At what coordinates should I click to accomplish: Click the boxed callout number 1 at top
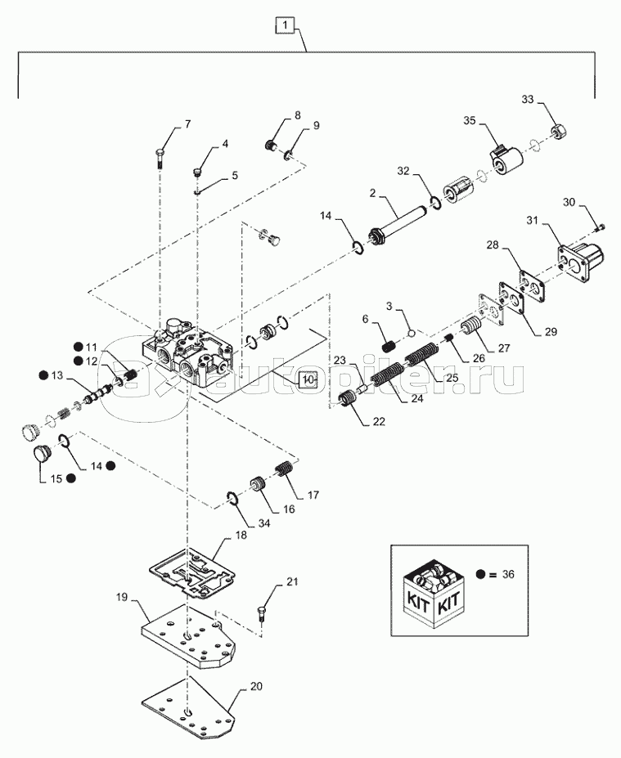coord(284,26)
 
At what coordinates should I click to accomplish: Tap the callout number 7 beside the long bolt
coord(187,124)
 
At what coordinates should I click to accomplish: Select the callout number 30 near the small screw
coord(569,202)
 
